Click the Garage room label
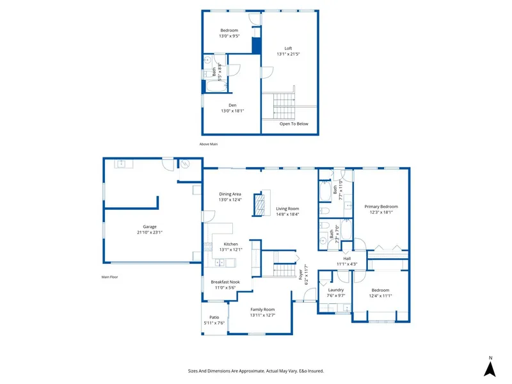(x=149, y=230)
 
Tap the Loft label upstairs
(x=288, y=51)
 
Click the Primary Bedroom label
(x=381, y=209)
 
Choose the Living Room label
(x=287, y=212)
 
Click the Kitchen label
(x=230, y=246)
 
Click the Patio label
(x=214, y=320)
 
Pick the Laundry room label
(x=336, y=292)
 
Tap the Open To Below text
(x=294, y=124)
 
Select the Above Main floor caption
(x=209, y=144)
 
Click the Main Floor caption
(x=110, y=277)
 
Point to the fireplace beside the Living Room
(x=259, y=206)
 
